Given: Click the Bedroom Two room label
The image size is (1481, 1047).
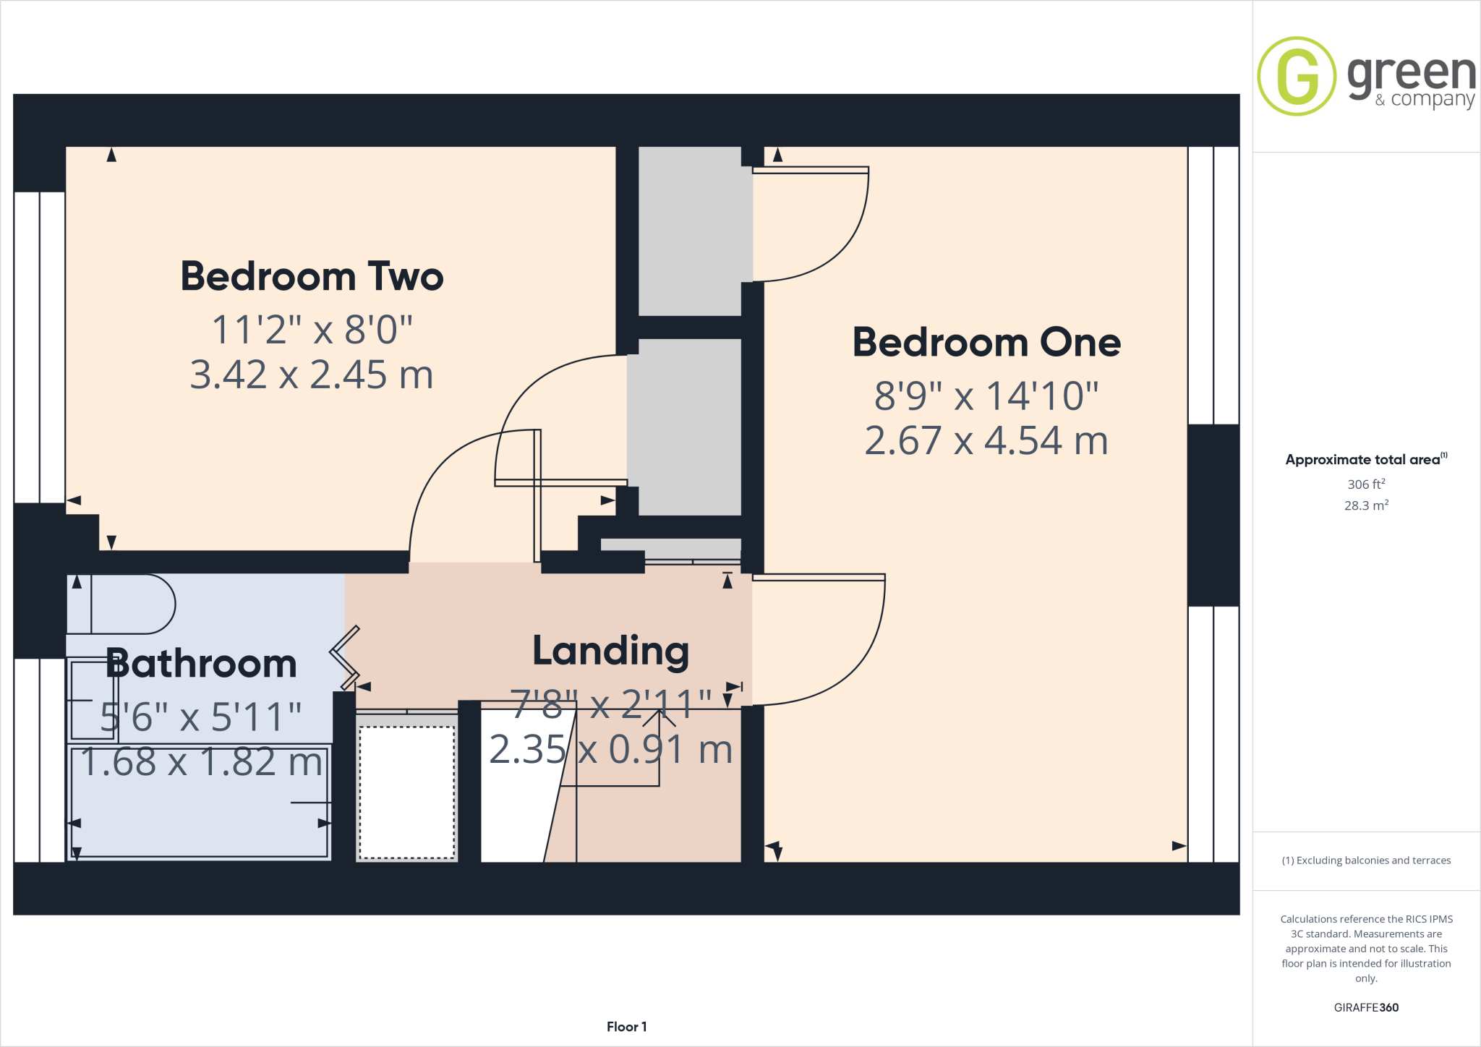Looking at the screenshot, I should [312, 277].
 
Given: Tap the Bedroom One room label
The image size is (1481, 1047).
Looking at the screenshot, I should [986, 343].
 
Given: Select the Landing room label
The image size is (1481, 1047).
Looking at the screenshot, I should [610, 651].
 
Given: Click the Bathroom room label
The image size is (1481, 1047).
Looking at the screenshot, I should [202, 664].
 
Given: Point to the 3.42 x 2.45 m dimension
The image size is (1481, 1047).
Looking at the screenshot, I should [312, 375].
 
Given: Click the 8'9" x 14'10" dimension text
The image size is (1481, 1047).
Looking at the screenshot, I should [986, 396].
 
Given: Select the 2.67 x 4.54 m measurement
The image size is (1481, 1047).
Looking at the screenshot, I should [986, 441].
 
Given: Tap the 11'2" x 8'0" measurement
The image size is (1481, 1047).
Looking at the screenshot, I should [312, 330].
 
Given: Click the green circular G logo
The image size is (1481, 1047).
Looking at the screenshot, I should [1297, 77].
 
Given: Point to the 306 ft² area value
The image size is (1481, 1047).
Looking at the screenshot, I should [1366, 484].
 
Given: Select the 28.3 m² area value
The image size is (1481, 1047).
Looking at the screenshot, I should [1366, 505].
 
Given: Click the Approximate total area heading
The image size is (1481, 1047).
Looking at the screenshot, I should [1364, 460].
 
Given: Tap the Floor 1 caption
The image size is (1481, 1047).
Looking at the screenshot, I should [626, 1027].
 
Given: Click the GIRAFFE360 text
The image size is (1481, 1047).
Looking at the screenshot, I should [1366, 1007].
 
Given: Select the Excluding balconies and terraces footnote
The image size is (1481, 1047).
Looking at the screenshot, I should [1366, 860].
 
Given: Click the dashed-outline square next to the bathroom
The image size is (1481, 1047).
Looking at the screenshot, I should [407, 792].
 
